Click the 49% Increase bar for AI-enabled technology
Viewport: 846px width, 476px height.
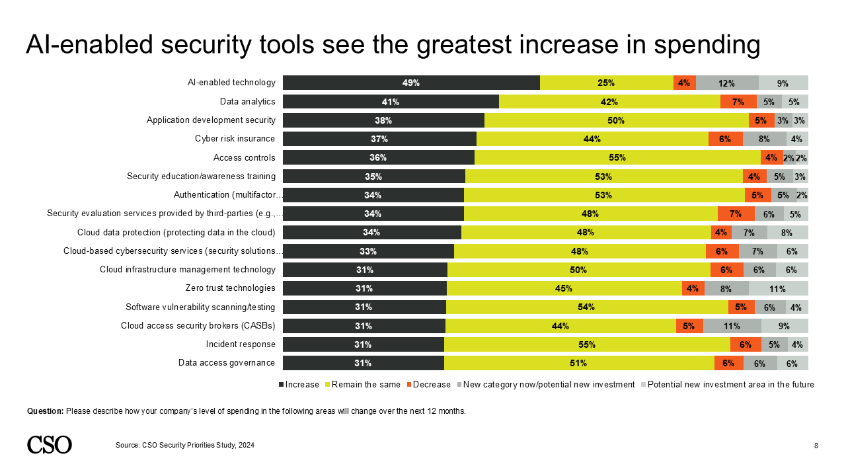411,83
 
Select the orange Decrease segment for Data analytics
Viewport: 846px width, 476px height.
738,102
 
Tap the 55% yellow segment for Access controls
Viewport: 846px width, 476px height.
617,157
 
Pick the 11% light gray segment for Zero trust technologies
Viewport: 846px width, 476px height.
778,288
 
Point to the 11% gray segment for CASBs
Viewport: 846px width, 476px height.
732,326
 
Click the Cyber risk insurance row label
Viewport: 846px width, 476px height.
235,139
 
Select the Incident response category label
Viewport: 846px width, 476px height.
240,344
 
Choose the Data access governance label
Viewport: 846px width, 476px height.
226,363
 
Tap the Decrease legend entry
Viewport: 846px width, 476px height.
432,385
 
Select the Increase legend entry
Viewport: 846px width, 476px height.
301,385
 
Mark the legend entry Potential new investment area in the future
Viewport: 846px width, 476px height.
730,385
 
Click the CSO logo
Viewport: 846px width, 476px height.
50,445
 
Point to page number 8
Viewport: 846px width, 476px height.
816,446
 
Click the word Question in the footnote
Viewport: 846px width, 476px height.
45,411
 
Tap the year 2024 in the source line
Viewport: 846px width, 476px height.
246,446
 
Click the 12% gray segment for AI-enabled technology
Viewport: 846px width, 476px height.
727,83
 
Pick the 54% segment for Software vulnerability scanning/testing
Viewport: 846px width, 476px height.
587,307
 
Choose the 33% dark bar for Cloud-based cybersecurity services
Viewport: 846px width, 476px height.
368,251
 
